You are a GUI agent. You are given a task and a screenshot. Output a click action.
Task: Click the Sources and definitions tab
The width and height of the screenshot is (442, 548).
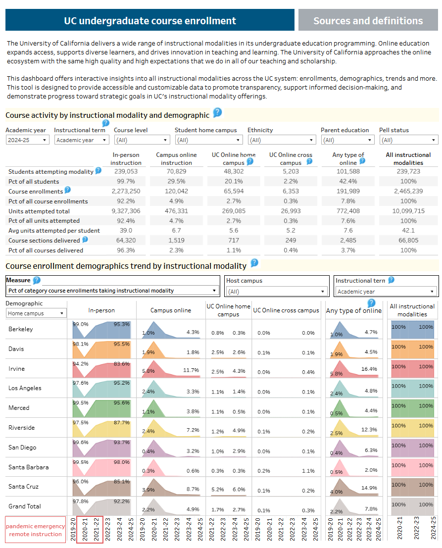[368, 21]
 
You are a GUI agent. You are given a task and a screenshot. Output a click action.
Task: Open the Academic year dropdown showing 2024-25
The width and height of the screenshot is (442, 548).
[27, 140]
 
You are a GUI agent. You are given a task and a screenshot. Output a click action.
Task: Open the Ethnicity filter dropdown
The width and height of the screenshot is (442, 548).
[281, 140]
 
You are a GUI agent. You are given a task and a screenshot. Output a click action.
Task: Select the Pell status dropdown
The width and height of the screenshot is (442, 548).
[408, 140]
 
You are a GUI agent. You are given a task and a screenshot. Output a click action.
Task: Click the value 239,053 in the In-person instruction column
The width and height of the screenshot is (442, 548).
[126, 171]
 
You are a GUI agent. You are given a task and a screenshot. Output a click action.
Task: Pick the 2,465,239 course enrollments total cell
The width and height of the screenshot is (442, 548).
[408, 191]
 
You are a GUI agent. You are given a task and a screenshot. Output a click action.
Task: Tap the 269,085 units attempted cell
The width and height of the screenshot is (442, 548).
[234, 211]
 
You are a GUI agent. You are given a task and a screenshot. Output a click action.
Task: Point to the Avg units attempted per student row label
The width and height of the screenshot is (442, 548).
[54, 231]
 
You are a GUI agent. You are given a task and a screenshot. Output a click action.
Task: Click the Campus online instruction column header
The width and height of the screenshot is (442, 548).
[177, 158]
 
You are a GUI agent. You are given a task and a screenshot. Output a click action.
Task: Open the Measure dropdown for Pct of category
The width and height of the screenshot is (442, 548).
[112, 291]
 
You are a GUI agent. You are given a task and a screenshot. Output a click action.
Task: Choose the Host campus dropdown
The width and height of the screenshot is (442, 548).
[277, 292]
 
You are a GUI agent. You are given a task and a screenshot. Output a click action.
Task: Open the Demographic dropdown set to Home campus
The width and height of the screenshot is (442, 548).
[37, 313]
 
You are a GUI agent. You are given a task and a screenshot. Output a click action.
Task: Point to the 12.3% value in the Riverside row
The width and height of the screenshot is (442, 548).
[369, 430]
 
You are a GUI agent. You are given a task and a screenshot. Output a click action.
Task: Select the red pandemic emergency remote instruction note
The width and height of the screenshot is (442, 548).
[36, 530]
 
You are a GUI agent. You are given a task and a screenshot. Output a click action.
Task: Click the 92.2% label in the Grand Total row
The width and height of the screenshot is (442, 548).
[122, 501]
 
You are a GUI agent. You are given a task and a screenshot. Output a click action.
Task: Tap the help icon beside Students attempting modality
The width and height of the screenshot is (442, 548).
[98, 171]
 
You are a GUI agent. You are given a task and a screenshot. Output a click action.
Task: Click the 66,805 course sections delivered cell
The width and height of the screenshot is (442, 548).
[408, 241]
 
